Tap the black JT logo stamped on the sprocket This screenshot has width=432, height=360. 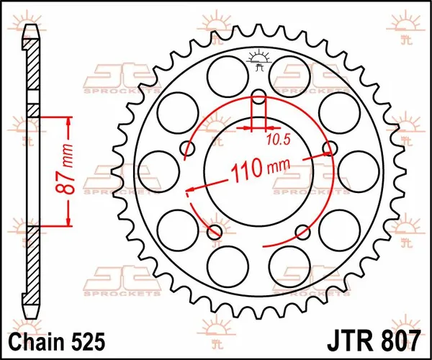tap(258, 61)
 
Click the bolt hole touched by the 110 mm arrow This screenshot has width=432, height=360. tap(330, 149)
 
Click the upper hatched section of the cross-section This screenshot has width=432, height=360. tap(32, 72)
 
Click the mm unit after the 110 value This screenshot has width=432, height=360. tap(277, 167)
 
